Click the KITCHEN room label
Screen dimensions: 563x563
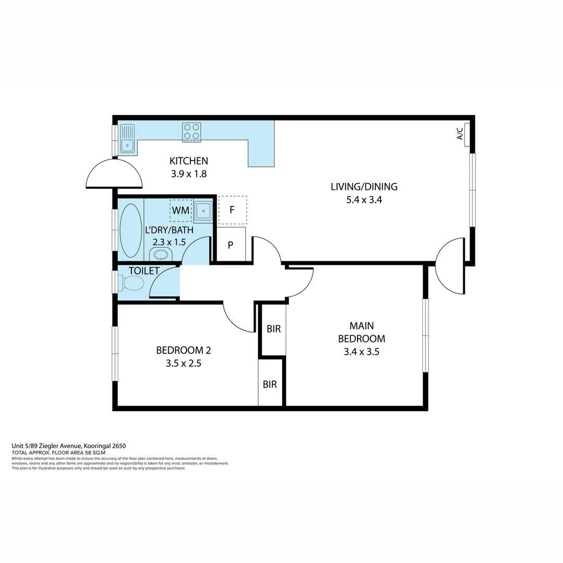tap(189, 161)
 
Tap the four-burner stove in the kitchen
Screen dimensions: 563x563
tap(191, 132)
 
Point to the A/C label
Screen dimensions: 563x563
tap(460, 134)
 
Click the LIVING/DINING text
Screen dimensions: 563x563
tap(364, 187)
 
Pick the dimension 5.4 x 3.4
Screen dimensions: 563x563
tap(364, 200)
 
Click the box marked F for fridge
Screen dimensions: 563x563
tap(232, 211)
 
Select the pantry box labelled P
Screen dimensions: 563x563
tap(230, 244)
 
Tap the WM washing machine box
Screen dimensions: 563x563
tap(180, 211)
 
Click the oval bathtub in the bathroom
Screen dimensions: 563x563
tap(130, 230)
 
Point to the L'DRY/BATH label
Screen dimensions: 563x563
tap(169, 229)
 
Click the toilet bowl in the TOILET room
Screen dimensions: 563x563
tap(132, 284)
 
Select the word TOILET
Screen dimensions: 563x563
tap(144, 271)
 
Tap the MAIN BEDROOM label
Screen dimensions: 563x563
tap(361, 332)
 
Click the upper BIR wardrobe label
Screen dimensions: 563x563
tap(274, 329)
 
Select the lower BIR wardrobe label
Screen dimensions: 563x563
tap(270, 385)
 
